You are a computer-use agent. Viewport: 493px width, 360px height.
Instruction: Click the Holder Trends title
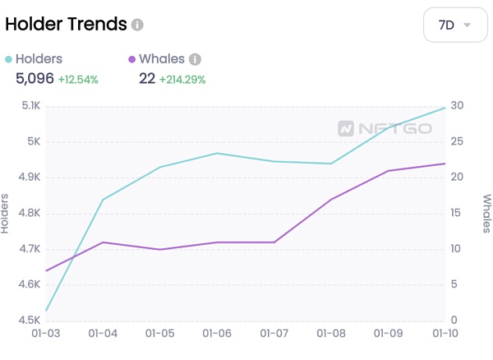[x=66, y=24]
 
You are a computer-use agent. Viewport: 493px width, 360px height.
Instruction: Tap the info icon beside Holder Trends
[x=137, y=25]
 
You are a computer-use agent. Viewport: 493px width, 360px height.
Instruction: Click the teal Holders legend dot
[x=9, y=59]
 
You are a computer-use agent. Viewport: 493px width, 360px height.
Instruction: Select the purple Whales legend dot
[x=131, y=59]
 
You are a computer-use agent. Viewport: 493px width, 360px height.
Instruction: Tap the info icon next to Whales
[x=195, y=59]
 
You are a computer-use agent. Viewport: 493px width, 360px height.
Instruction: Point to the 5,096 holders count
[x=35, y=79]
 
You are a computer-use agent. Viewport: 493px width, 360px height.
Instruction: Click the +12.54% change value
[x=78, y=80]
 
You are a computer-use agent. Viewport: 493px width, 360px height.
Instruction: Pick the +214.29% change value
[x=182, y=80]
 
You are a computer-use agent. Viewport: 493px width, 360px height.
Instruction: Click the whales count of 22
[x=147, y=79]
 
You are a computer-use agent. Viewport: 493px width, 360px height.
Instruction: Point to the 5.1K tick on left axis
[x=30, y=105]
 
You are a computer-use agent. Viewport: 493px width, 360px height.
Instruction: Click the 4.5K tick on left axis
[x=30, y=321]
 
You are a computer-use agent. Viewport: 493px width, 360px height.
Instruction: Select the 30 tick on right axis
[x=457, y=105]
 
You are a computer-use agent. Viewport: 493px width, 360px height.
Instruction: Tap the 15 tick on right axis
[x=457, y=213]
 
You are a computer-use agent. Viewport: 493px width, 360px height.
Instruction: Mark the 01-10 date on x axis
[x=445, y=335]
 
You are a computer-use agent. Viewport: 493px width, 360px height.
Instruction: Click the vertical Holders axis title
[x=7, y=213]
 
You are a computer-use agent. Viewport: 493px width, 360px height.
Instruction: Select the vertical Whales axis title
[x=486, y=213]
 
